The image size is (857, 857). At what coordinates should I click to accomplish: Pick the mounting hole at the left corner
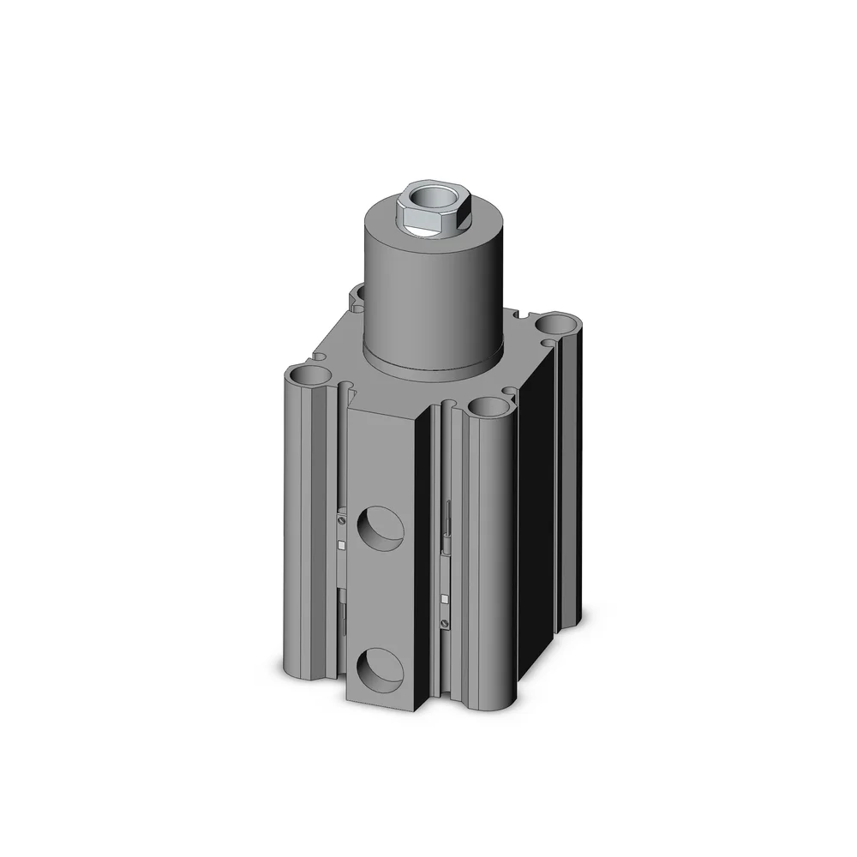[304, 375]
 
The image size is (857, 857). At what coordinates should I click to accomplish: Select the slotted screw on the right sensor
[445, 622]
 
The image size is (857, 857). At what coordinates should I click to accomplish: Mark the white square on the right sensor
[445, 593]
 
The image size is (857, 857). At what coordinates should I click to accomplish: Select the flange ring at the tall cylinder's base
[433, 364]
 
